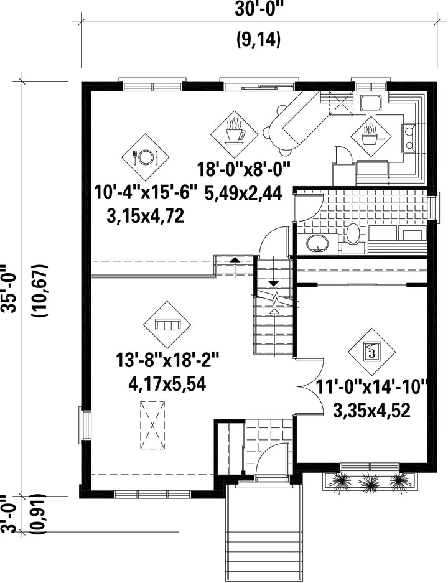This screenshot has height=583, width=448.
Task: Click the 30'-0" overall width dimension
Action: click(259, 9)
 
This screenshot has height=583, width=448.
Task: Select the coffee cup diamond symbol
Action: click(234, 133)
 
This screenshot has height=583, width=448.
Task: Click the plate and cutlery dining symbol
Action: click(146, 157)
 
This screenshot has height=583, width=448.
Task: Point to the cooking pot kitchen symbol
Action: click(371, 136)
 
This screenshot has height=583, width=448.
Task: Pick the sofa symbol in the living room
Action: click(167, 325)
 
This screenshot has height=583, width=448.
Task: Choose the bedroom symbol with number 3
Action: click(372, 352)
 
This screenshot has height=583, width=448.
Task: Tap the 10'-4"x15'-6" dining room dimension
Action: click(146, 193)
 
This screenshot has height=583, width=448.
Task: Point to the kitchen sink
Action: click(371, 103)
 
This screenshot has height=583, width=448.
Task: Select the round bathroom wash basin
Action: click(317, 244)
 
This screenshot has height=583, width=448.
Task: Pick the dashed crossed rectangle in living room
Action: click(152, 426)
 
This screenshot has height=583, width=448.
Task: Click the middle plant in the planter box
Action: click(369, 482)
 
